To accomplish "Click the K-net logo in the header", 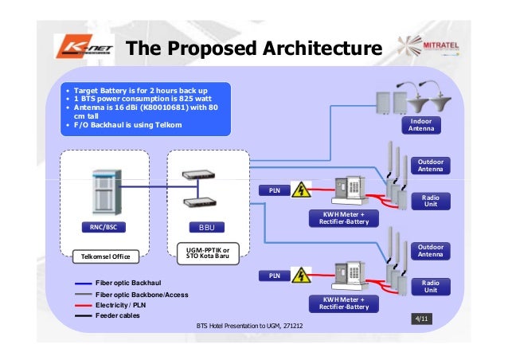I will pos(80,48).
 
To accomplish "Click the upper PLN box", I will pos(273,191).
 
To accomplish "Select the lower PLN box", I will pos(273,275).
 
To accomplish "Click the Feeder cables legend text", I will pos(117,315).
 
